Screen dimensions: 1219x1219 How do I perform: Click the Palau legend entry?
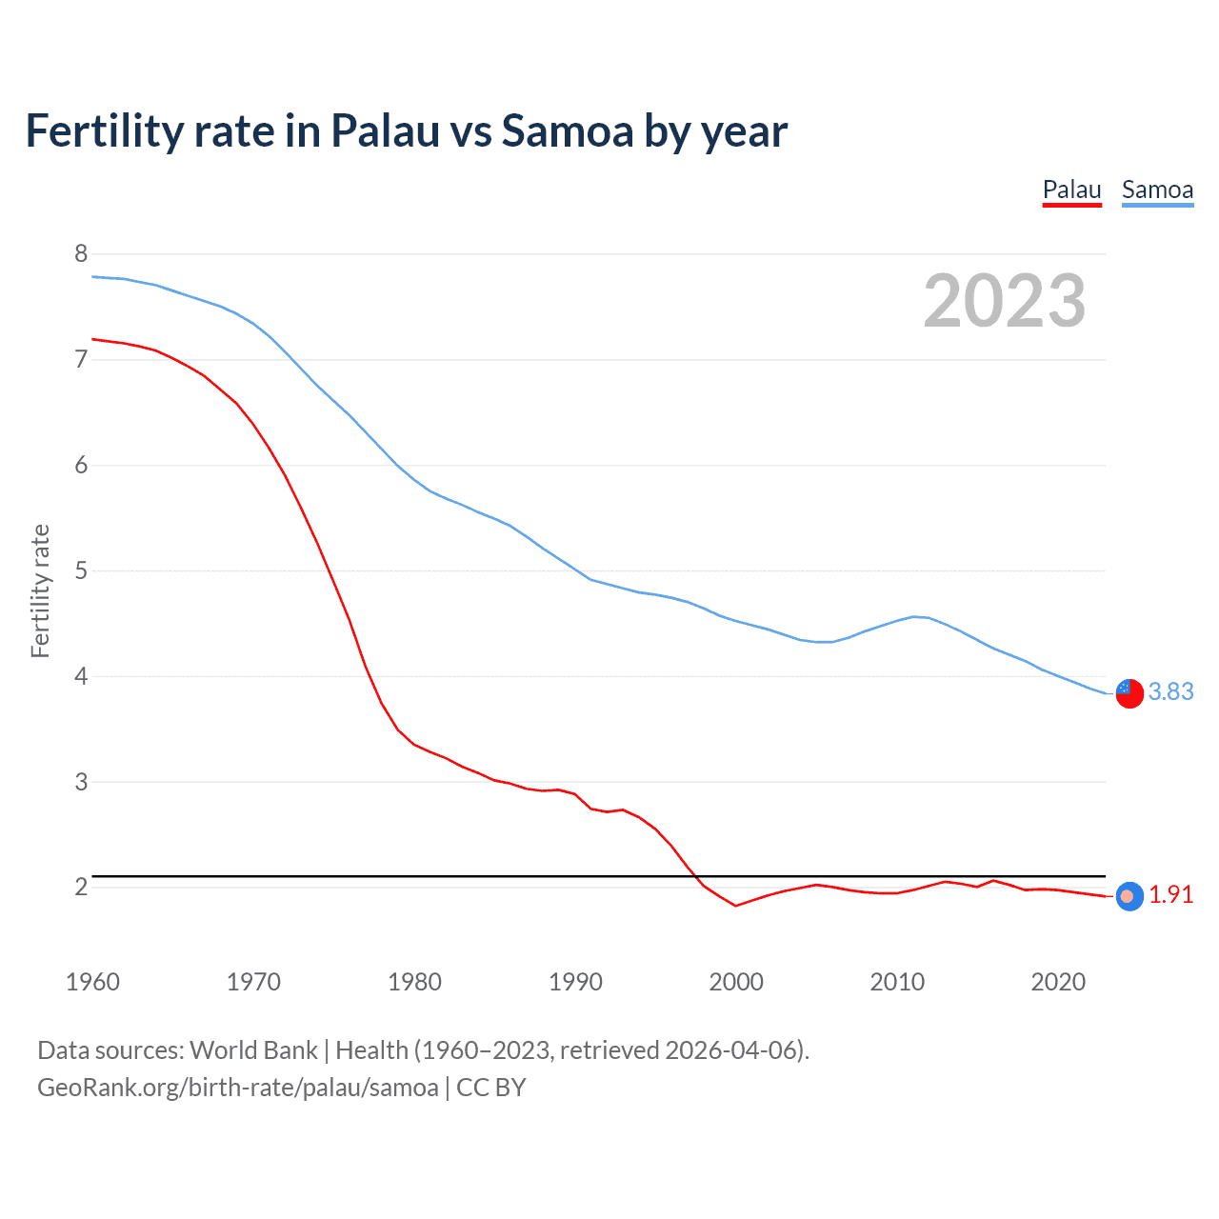tap(1071, 190)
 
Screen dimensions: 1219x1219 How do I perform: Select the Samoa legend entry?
tap(1157, 190)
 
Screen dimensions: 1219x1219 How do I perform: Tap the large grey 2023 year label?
tap(1005, 301)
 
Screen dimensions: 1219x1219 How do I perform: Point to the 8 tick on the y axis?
tap(81, 253)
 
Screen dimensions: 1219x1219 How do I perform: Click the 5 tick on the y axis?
tap(81, 570)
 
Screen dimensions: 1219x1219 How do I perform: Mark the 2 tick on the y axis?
tap(81, 887)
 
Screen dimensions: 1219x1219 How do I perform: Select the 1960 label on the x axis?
tap(92, 982)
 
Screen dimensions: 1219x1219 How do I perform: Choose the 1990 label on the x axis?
tap(575, 982)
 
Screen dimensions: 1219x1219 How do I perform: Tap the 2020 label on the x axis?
tap(1058, 982)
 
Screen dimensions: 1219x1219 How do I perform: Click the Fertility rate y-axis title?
tap(40, 590)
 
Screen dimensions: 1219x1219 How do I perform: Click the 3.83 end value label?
tap(1170, 691)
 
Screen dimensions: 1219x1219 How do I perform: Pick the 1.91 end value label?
tap(1170, 895)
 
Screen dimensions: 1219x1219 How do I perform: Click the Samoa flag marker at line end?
tap(1129, 693)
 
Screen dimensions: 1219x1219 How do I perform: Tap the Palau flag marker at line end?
tap(1129, 896)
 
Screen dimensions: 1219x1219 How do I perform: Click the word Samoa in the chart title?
tap(568, 130)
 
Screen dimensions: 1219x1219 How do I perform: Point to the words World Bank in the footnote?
tap(253, 1050)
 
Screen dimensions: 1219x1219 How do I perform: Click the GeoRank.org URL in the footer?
tap(238, 1088)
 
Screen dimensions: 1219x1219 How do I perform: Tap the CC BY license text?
tap(491, 1088)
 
